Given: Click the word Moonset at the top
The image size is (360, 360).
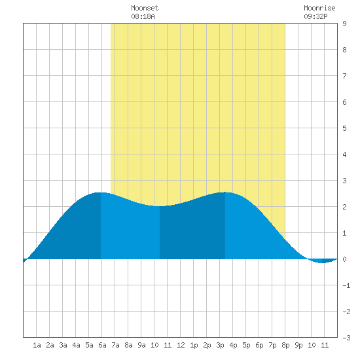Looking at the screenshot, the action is point(145,8).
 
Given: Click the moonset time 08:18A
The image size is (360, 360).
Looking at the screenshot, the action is point(143,16).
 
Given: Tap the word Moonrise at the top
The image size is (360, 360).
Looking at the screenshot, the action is point(319,8).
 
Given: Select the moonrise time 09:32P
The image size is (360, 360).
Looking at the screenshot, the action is point(315,16).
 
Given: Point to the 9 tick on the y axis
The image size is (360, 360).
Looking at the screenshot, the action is point(344,24).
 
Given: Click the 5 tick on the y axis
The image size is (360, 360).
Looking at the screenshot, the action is point(344,128).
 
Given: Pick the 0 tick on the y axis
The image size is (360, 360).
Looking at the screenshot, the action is point(344,259).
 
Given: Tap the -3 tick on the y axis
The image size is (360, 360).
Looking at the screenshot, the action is point(346,338).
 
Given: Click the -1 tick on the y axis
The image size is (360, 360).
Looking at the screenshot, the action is point(346,285).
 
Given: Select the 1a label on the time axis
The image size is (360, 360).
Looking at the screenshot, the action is point(37,345).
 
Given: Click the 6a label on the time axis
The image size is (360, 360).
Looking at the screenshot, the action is point(102,345).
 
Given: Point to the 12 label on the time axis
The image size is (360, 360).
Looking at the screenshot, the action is point(181,345).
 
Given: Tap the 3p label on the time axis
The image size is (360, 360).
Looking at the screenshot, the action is point(220,345).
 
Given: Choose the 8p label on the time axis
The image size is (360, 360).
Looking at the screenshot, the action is point(285,345).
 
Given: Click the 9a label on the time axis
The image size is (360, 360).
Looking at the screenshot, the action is point(141,345).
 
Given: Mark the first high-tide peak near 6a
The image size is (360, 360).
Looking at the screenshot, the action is point(101,192).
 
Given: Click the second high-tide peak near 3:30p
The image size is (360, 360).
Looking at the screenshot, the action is point(225,192).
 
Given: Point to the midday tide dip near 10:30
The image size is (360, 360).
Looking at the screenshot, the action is point(160,206).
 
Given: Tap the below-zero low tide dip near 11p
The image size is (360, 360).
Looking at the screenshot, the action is point(322,262).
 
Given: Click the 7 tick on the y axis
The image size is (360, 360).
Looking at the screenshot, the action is point(344,76).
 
